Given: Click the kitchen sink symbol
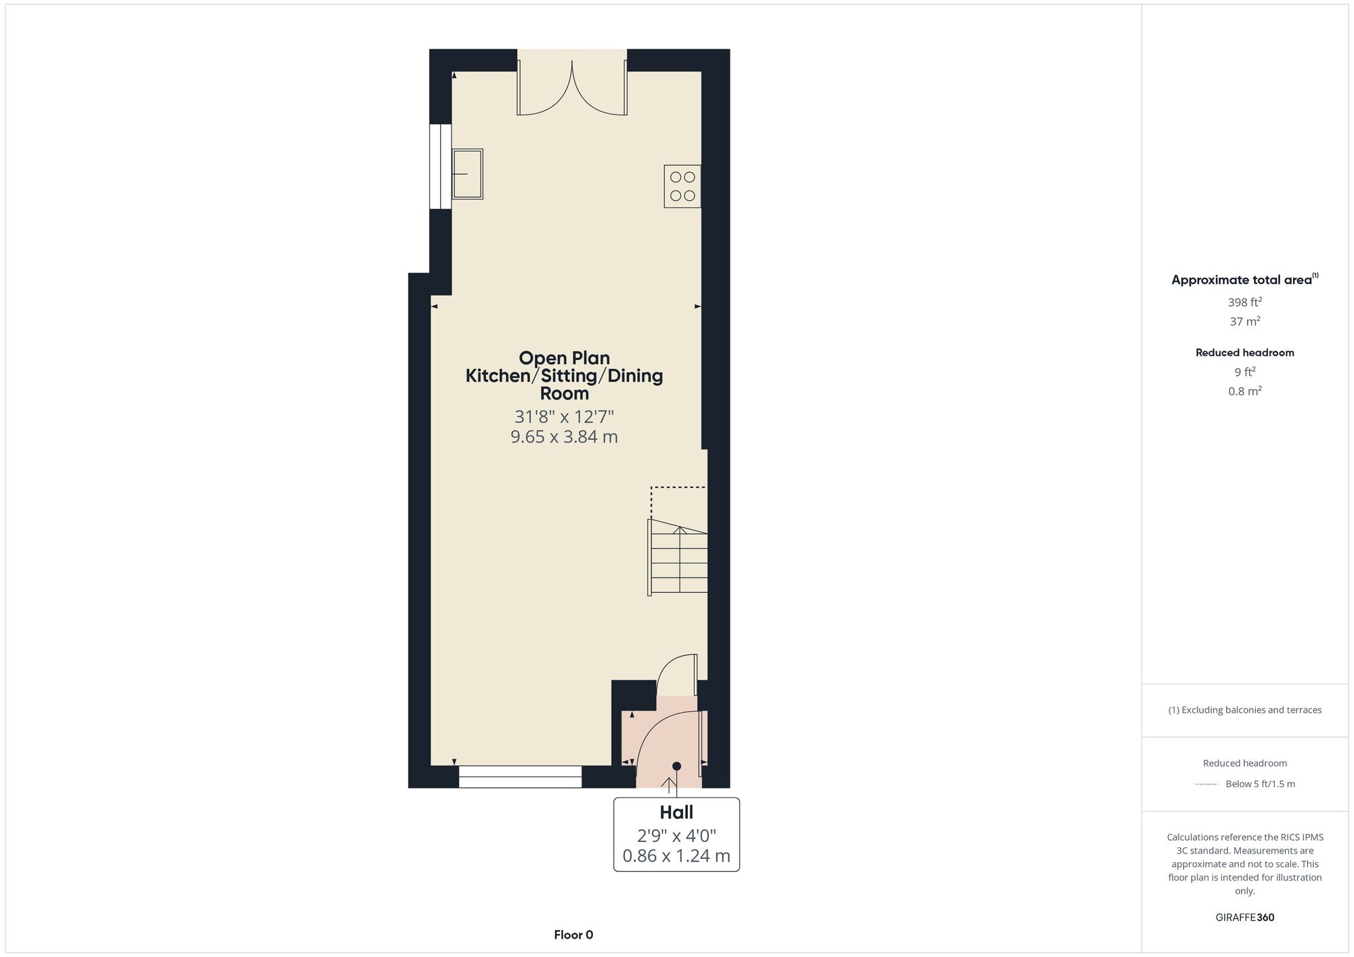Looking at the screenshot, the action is pyautogui.click(x=467, y=174).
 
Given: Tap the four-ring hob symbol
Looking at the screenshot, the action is pyautogui.click(x=682, y=186).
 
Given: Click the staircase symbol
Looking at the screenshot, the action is pyautogui.click(x=678, y=557).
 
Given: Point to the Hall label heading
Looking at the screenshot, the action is pyautogui.click(x=676, y=812).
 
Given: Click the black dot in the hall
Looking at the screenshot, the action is pyautogui.click(x=676, y=766).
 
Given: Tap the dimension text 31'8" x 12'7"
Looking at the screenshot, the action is pyautogui.click(x=564, y=416).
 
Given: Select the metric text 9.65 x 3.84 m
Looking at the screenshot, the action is pyautogui.click(x=564, y=437).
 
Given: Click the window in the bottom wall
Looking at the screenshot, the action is pyautogui.click(x=520, y=777).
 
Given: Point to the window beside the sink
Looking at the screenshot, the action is pyautogui.click(x=441, y=166).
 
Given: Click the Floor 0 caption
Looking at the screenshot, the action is pyautogui.click(x=573, y=935).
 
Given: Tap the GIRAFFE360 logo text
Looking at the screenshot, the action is pyautogui.click(x=1245, y=918).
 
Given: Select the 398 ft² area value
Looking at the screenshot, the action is pyautogui.click(x=1245, y=302).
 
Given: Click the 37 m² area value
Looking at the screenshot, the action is pyautogui.click(x=1245, y=321).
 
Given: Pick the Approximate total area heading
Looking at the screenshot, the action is pyautogui.click(x=1245, y=280).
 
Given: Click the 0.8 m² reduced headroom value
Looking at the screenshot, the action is pyautogui.click(x=1245, y=391).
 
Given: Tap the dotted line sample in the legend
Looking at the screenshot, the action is pyautogui.click(x=1206, y=784).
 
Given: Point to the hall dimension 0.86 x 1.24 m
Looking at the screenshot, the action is pyautogui.click(x=676, y=856).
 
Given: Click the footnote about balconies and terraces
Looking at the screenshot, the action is pyautogui.click(x=1245, y=710).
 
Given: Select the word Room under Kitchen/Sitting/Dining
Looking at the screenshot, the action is pyautogui.click(x=565, y=393).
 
